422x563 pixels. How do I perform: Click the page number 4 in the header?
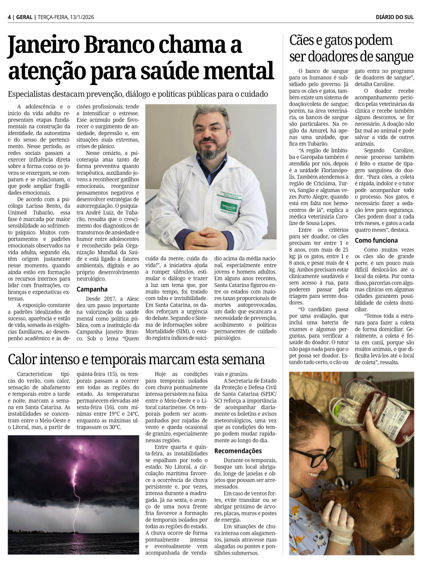point(9,17)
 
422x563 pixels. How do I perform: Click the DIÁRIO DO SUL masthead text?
point(395,17)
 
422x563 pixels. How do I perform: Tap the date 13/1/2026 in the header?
point(82,17)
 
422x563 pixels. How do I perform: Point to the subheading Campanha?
point(92,290)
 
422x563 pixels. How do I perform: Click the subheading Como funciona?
point(376,241)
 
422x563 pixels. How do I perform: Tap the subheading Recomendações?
point(238,451)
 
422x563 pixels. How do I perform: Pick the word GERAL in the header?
point(24,17)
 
